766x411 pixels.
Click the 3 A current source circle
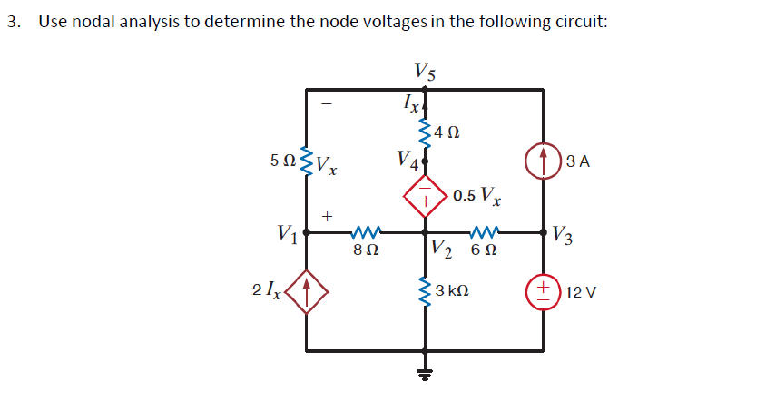[x=544, y=162]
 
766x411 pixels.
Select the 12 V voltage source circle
[x=544, y=292]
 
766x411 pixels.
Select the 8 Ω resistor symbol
[x=366, y=232]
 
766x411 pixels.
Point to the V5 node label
[x=424, y=70]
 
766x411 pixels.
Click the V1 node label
[x=290, y=233]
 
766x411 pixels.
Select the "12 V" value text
[x=578, y=292]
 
